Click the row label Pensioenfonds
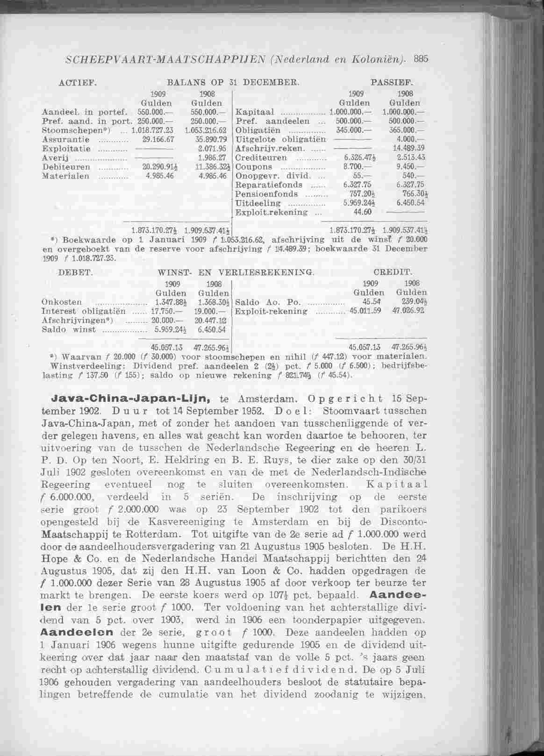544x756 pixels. (x=266, y=193)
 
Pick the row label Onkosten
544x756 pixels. (x=62, y=302)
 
